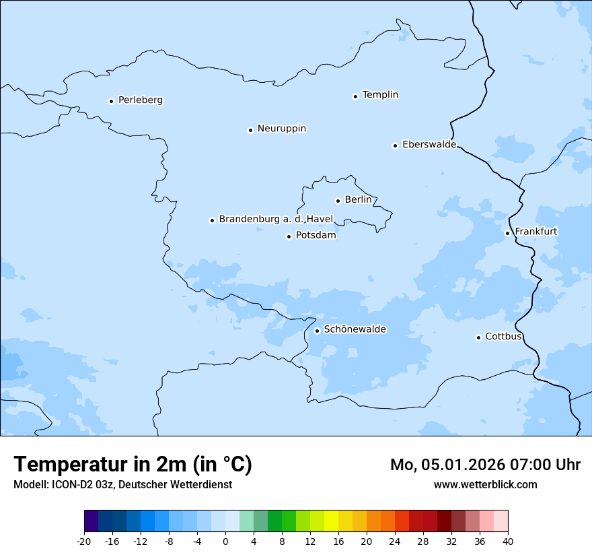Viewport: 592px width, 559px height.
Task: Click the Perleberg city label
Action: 140,100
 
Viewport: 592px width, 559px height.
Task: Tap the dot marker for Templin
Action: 355,96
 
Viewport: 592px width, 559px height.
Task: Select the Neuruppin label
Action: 281,129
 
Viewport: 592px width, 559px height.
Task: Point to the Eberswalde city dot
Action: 395,145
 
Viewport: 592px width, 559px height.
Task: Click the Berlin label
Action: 358,200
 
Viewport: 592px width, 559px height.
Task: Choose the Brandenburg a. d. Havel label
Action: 276,220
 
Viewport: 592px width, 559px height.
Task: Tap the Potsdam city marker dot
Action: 289,236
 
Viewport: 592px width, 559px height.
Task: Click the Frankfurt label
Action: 535,232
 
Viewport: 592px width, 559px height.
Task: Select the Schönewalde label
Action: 355,329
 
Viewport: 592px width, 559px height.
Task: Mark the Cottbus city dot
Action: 478,337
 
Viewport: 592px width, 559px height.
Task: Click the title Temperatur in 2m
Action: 133,465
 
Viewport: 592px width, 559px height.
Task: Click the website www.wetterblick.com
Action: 485,485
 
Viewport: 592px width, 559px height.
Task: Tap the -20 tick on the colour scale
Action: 84,541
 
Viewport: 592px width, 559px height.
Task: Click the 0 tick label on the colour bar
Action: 225,541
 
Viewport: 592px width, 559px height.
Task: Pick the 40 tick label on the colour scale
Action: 508,541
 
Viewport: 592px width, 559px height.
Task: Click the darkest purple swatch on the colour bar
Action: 91,521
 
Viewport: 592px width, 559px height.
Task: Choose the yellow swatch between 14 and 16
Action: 331,521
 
